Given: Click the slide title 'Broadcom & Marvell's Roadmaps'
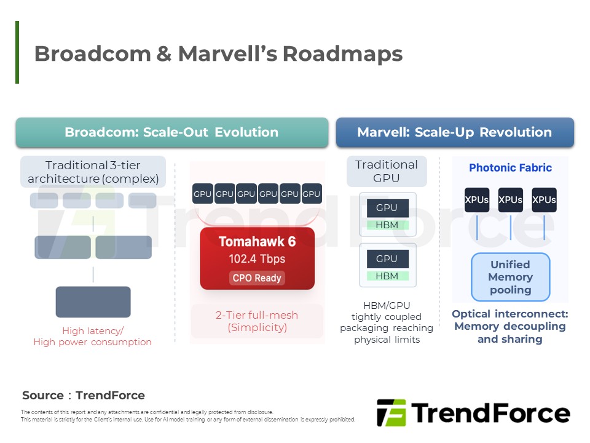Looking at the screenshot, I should [x=218, y=54].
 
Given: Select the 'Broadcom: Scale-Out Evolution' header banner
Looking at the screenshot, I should [x=171, y=132].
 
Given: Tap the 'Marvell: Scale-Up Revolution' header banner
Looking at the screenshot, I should [x=454, y=132].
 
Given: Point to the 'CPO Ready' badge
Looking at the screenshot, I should [x=256, y=278].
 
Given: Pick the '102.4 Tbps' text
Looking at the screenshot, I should [x=256, y=259].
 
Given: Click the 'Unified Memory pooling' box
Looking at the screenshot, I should [x=510, y=277].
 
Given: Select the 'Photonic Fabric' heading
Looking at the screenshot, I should [x=510, y=167].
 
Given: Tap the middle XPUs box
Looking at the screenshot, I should [x=510, y=200].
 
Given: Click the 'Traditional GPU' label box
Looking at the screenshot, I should [x=387, y=172].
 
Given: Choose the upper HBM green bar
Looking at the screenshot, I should [x=387, y=225].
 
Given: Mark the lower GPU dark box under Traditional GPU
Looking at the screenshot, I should [x=387, y=258].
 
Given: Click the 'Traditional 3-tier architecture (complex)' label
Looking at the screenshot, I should [x=93, y=172].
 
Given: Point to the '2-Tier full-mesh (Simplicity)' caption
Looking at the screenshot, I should [x=257, y=321].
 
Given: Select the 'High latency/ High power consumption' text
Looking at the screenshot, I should [x=92, y=337].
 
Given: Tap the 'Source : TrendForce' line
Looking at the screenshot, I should [x=84, y=396].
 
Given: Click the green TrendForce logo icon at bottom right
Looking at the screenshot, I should [x=391, y=412].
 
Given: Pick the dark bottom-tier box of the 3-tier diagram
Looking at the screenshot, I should [x=93, y=301].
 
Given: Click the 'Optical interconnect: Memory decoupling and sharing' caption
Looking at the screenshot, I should [x=510, y=326].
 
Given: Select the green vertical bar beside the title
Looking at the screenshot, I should [x=17, y=52].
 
